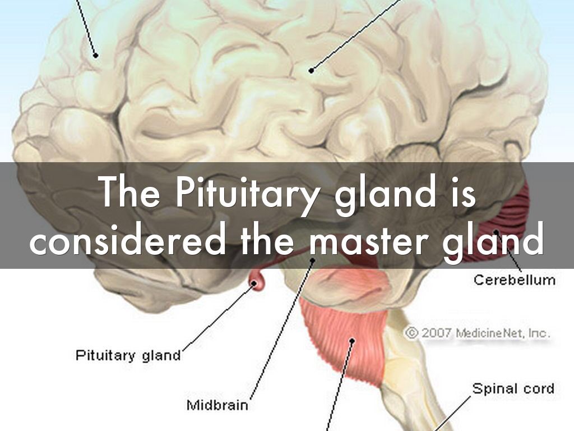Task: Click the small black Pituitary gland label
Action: pyautogui.click(x=128, y=355)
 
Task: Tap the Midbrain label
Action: pyautogui.click(x=217, y=404)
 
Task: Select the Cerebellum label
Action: pyautogui.click(x=514, y=279)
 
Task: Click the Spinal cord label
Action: pyautogui.click(x=513, y=388)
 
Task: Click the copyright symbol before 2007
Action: pyautogui.click(x=411, y=333)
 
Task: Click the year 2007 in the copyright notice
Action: pyautogui.click(x=436, y=333)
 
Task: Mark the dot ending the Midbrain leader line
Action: pyautogui.click(x=313, y=260)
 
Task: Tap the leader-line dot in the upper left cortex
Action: pyautogui.click(x=96, y=55)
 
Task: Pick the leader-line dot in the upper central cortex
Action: pyautogui.click(x=312, y=70)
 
